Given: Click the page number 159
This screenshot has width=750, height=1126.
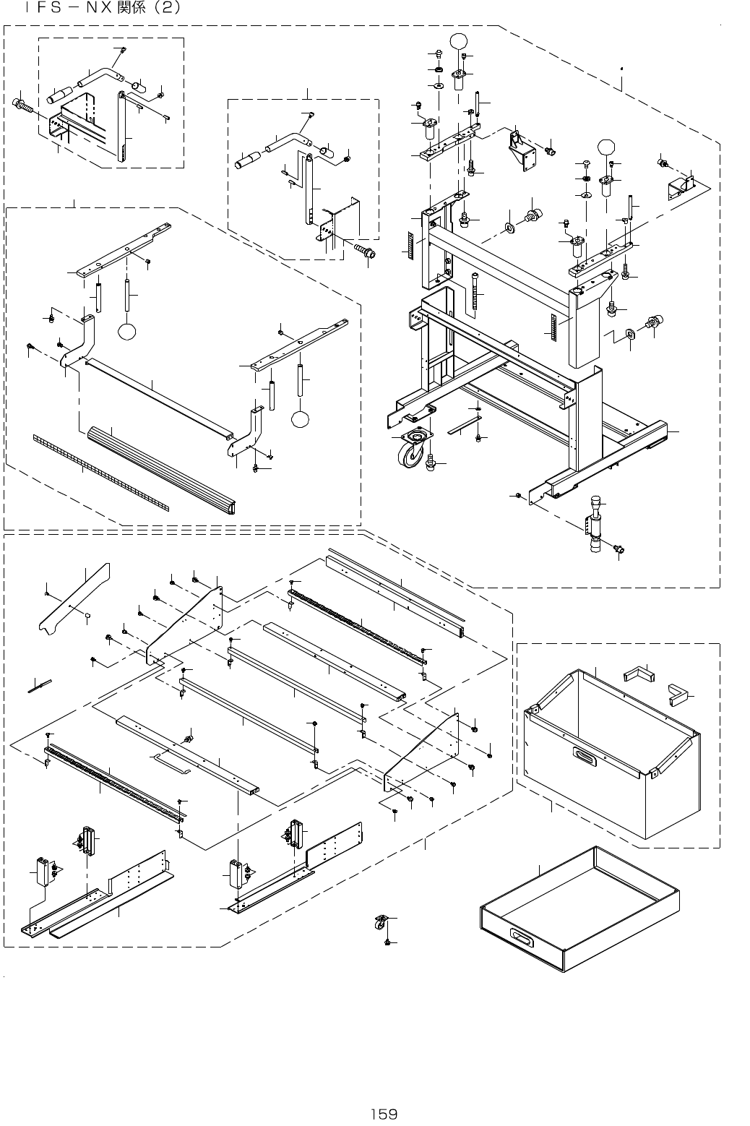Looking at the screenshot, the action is pos(384,1114).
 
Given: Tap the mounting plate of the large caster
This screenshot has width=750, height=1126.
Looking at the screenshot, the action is pos(417,434).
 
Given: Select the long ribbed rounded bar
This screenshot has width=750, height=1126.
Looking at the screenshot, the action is pos(161,470).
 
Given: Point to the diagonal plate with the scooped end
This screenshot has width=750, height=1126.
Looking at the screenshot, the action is pos(74,598).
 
